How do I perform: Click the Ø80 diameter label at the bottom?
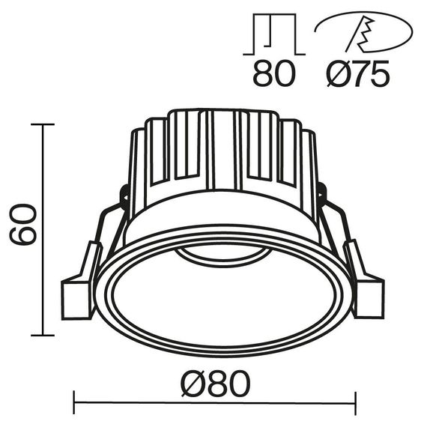[x=213, y=387]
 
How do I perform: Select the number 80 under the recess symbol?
[x=274, y=74]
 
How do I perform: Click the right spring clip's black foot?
[x=369, y=295]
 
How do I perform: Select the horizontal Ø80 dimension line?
[x=213, y=411]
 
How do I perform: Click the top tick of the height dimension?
[x=43, y=124]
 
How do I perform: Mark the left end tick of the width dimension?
[x=75, y=411]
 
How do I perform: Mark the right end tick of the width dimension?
[x=354, y=411]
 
